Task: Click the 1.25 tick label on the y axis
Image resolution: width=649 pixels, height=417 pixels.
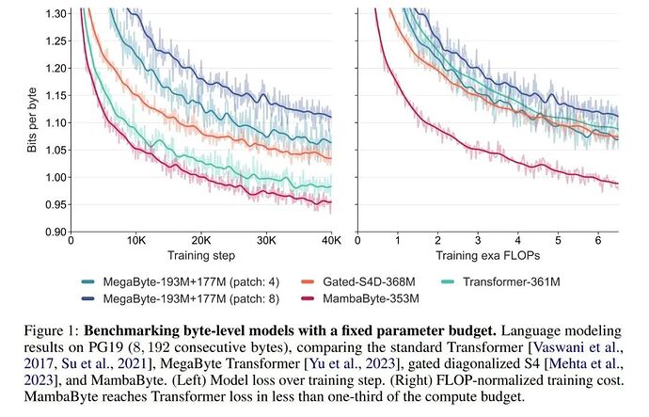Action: pyautogui.click(x=55, y=41)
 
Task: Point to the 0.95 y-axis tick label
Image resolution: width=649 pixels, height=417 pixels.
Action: pyautogui.click(x=55, y=204)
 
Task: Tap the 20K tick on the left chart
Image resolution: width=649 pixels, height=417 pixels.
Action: pyautogui.click(x=201, y=240)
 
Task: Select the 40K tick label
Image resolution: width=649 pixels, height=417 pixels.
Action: pyautogui.click(x=332, y=240)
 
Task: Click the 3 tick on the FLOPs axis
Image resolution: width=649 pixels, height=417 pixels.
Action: pyautogui.click(x=478, y=240)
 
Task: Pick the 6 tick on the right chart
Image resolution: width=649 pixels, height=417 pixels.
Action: pyautogui.click(x=598, y=240)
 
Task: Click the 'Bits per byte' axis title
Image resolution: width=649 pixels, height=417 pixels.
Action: pyautogui.click(x=32, y=120)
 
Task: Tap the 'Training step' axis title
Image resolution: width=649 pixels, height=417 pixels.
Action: pyautogui.click(x=201, y=255)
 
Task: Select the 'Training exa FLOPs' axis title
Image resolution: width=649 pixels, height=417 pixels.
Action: pyautogui.click(x=488, y=255)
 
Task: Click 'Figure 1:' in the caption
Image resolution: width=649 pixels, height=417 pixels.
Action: pyautogui.click(x=52, y=330)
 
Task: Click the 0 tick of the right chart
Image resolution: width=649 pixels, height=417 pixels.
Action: pyautogui.click(x=357, y=240)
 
